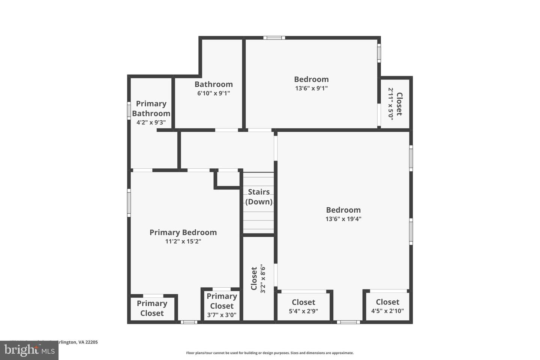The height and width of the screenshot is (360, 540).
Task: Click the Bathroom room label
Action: tap(213, 84)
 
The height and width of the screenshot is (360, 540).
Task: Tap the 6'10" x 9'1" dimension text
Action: tap(213, 93)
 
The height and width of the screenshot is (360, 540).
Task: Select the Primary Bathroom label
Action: tap(151, 108)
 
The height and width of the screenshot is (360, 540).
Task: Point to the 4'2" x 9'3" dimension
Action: tap(151, 122)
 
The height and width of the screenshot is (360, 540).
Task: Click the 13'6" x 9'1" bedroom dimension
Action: tap(311, 88)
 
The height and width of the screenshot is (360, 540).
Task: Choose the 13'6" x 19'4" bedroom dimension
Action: tap(343, 219)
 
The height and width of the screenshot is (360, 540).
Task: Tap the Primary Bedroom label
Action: tap(183, 232)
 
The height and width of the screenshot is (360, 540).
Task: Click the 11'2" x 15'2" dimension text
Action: tap(183, 241)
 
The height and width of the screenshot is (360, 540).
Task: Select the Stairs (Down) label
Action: tap(259, 197)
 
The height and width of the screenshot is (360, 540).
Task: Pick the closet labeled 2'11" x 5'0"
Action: tap(395, 104)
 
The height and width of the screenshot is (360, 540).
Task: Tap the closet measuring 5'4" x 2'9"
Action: tap(303, 306)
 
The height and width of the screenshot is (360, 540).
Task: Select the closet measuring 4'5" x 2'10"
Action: tap(387, 306)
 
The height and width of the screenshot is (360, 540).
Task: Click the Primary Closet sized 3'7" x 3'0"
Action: tap(222, 306)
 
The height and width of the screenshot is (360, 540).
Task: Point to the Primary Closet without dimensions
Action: tap(152, 308)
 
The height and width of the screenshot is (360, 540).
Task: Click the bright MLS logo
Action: tap(29, 350)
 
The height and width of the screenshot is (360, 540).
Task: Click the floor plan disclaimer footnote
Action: tap(270, 353)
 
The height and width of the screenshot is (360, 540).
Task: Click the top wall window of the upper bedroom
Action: tap(274, 38)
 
